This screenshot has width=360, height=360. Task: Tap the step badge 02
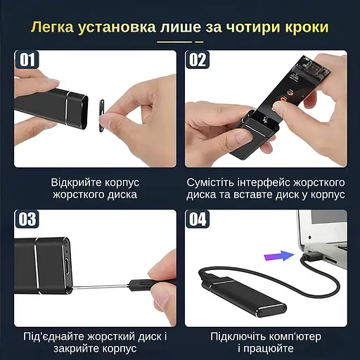(198, 60)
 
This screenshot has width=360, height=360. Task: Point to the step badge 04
(198, 219)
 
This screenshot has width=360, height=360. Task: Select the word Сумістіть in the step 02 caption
(214, 181)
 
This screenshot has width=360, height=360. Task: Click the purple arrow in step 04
(283, 256)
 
